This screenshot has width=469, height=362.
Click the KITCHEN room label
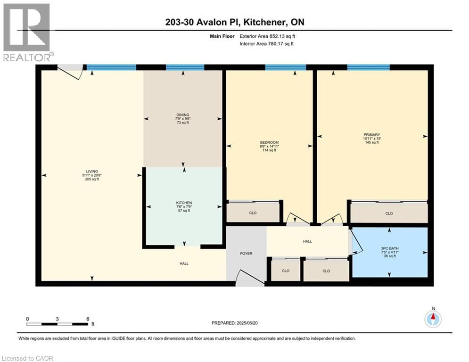[x=184, y=203]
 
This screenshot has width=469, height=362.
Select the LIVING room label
[x=91, y=172]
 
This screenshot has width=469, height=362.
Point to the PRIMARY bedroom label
[x=371, y=134]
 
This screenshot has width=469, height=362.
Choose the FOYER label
[x=246, y=254]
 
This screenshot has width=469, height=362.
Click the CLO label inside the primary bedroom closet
[x=389, y=214]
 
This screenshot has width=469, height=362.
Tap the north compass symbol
[x=432, y=319]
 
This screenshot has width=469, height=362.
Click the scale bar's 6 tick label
[x=88, y=319]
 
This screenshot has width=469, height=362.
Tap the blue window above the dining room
[x=185, y=67]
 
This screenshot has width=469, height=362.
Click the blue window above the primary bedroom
[x=368, y=67]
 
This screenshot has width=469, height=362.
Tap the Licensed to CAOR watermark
[x=28, y=358]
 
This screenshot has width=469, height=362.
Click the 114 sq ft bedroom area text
[x=269, y=150]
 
